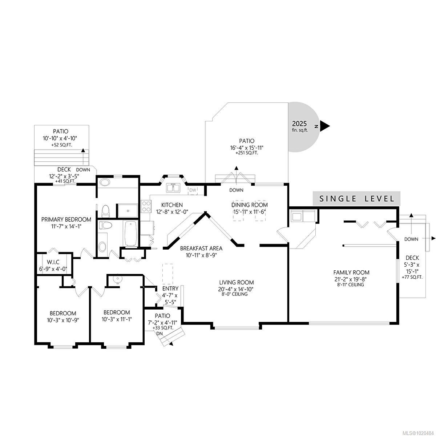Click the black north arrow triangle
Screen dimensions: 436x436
pyautogui.click(x=324, y=126)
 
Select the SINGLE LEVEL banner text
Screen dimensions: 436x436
pyautogui.click(x=356, y=198)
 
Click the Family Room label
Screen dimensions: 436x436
pyautogui.click(x=351, y=272)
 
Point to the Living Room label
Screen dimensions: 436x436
pyautogui.click(x=236, y=282)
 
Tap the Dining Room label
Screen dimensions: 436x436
pyautogui.click(x=250, y=205)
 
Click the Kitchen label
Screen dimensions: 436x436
pyautogui.click(x=172, y=205)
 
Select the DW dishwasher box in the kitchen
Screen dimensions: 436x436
pyautogui.click(x=193, y=190)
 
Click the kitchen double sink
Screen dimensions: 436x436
pyautogui.click(x=174, y=188)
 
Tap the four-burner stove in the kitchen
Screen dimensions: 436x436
pyautogui.click(x=146, y=206)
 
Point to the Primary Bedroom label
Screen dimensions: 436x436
pyautogui.click(x=66, y=219)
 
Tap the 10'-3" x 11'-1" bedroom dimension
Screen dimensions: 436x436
pyautogui.click(x=116, y=319)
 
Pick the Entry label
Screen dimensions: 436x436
pyautogui.click(x=162, y=289)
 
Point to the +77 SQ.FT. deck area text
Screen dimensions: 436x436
pyautogui.click(x=412, y=277)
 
